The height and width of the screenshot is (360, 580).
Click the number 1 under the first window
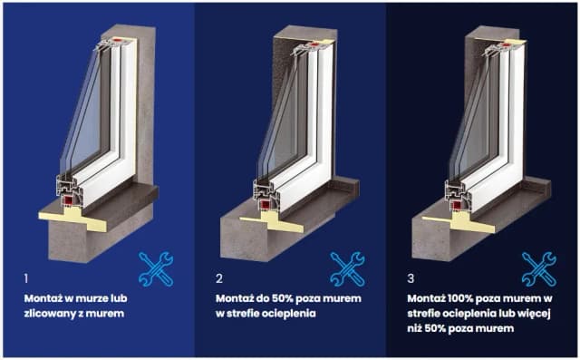[x=26, y=278]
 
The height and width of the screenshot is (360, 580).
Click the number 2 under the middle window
[x=219, y=278]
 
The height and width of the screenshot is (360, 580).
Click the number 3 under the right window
[x=411, y=278]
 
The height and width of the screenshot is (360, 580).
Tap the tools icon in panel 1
[x=156, y=269]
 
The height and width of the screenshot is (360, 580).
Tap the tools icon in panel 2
[x=347, y=269]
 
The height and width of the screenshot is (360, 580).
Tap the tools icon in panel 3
[x=539, y=269]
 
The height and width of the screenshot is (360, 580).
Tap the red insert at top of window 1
[x=119, y=40]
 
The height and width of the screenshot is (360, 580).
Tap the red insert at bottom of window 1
[x=69, y=201]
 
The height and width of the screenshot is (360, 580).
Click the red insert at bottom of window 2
[x=265, y=204]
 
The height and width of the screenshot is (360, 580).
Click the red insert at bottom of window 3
[x=457, y=204]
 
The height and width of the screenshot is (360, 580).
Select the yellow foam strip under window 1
[x=74, y=219]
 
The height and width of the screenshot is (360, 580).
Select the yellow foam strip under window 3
[x=459, y=222]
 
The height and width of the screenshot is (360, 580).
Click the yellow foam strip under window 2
[x=272, y=221]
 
